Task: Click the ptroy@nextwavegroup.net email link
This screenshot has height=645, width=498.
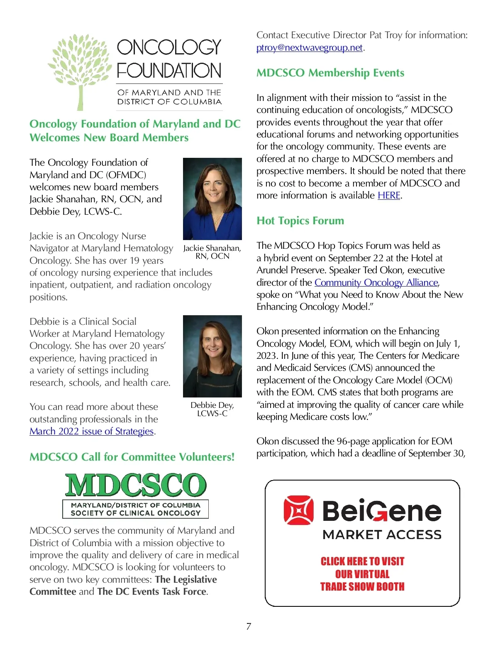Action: pos(310,48)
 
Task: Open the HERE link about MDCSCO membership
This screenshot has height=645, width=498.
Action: pos(389,195)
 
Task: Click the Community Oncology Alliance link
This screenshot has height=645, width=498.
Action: pos(376,282)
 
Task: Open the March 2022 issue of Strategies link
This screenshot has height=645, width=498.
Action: pos(91,431)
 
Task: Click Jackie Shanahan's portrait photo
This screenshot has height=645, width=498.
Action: pos(212,199)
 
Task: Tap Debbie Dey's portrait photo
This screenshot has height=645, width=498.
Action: pos(212,356)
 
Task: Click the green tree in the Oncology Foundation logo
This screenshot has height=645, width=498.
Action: pos(80,71)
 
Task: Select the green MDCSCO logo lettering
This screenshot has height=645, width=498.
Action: pos(135,485)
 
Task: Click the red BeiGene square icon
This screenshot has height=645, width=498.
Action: pos(298,510)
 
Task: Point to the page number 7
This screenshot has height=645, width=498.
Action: pos(249,626)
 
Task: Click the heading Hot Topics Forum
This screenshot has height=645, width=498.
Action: pos(300,221)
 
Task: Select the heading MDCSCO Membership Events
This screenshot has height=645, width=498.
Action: pos(330,73)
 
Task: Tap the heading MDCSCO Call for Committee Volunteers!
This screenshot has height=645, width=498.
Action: pos(132,457)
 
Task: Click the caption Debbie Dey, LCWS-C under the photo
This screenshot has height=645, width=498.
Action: pos(212,409)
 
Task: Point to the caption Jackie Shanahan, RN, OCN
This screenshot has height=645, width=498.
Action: pos(212,252)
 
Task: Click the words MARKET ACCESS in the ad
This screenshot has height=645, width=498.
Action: pos(382,535)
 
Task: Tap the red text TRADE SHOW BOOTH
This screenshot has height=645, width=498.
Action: pos(362,586)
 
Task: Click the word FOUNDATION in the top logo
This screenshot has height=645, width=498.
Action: pos(169,71)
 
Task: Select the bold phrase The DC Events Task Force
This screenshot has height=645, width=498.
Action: pos(151,591)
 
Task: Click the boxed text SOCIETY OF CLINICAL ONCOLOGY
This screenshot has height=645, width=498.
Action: pos(135,513)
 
